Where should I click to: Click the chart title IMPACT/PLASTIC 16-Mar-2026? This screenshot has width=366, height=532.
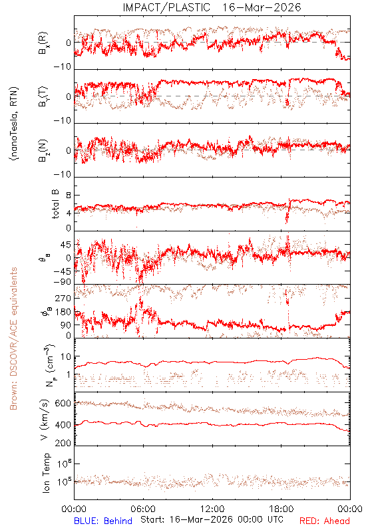pyautogui.click(x=212, y=7)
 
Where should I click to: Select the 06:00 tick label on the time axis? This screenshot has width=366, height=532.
pyautogui.click(x=143, y=509)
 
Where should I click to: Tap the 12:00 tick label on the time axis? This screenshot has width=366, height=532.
pyautogui.click(x=212, y=509)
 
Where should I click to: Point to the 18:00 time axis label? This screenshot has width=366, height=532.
pyautogui.click(x=281, y=509)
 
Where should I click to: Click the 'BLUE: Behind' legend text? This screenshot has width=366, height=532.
pyautogui.click(x=103, y=521)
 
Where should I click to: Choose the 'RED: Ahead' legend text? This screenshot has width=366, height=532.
pyautogui.click(x=324, y=521)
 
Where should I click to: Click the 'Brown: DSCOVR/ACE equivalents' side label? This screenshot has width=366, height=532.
pyautogui.click(x=13, y=338)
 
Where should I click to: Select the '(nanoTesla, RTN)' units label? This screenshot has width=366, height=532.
pyautogui.click(x=14, y=124)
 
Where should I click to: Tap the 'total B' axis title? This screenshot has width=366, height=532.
pyautogui.click(x=55, y=204)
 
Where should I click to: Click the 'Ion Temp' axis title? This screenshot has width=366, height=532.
pyautogui.click(x=46, y=473)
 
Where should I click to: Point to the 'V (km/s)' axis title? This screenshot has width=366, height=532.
pyautogui.click(x=45, y=420)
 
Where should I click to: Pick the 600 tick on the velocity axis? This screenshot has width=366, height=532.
pyautogui.click(x=63, y=403)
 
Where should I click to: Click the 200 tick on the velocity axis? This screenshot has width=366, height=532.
pyautogui.click(x=63, y=443)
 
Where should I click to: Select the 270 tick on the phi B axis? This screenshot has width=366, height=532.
pyautogui.click(x=63, y=298)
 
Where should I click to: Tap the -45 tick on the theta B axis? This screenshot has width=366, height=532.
pyautogui.click(x=62, y=271)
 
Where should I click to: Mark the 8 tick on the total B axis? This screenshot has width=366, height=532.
pyautogui.click(x=69, y=196)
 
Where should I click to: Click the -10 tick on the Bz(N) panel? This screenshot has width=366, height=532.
pyautogui.click(x=63, y=174)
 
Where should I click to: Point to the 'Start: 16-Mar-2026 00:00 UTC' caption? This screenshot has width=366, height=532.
pyautogui.click(x=212, y=519)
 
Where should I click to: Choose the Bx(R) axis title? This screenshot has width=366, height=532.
pyautogui.click(x=43, y=43)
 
